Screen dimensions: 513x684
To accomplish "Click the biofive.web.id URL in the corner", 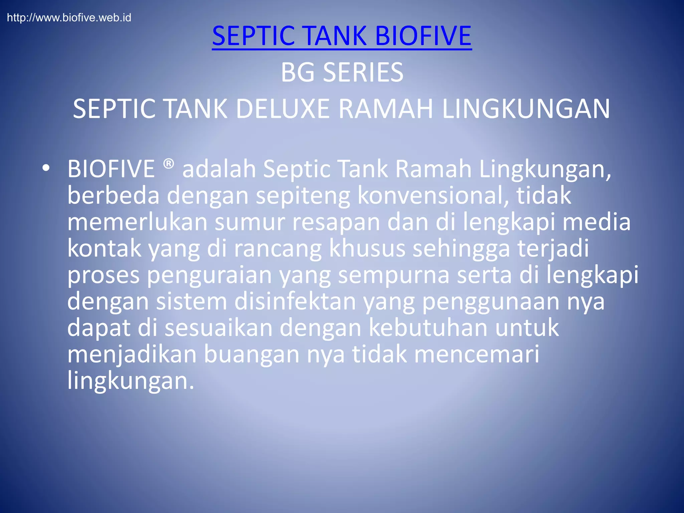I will (69, 18).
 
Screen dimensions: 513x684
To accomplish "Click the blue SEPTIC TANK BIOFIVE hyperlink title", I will (342, 36).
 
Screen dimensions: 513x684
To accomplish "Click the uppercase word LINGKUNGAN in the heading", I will (526, 109).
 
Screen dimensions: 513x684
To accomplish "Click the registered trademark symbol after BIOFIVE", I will (169, 164).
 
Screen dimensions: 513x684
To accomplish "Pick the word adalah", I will (219, 169).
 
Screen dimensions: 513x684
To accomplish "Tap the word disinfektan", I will (295, 301).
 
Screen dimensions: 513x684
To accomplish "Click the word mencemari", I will (477, 354).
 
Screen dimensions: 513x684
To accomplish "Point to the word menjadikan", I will (132, 355).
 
